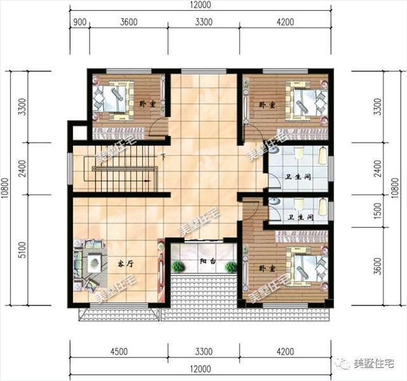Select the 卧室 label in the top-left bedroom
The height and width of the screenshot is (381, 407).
(146, 104)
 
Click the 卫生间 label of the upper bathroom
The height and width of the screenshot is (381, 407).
(299, 177)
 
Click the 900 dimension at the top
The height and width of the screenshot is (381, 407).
(79, 22)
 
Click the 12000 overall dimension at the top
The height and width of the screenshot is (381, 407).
(200, 6)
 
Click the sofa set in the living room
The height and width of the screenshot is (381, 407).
(88, 262)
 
